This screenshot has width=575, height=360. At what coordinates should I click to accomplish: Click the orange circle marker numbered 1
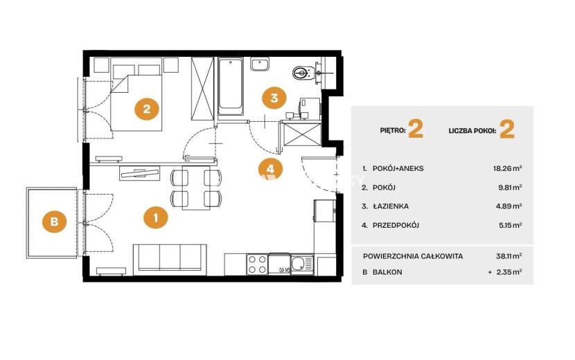156,218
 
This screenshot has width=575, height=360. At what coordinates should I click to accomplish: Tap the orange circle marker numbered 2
147,109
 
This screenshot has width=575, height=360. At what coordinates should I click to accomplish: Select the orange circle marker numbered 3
274,98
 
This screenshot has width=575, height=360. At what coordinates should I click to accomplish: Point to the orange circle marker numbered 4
270,169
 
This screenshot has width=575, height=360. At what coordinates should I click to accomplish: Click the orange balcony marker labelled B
55,222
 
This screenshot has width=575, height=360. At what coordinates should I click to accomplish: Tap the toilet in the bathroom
303,73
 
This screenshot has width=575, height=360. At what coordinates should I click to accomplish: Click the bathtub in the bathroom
230,87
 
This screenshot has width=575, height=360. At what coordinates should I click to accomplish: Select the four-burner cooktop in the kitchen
257,264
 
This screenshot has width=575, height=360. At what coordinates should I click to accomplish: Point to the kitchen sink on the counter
303,264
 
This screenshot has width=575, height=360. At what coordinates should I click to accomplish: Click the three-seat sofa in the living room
170,259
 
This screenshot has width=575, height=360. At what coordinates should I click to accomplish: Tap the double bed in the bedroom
136,94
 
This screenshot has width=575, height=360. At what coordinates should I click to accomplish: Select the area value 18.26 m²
508,169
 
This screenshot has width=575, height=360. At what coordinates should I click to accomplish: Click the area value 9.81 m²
509,188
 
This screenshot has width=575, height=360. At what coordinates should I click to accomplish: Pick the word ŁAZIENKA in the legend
391,206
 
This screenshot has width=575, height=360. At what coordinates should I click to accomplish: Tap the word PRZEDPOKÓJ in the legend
396,225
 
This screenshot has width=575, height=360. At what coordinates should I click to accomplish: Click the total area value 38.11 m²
509,256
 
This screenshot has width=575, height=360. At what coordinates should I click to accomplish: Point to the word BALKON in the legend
387,272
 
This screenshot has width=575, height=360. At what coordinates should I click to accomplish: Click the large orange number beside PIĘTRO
416,129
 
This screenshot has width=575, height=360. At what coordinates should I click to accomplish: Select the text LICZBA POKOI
472,131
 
